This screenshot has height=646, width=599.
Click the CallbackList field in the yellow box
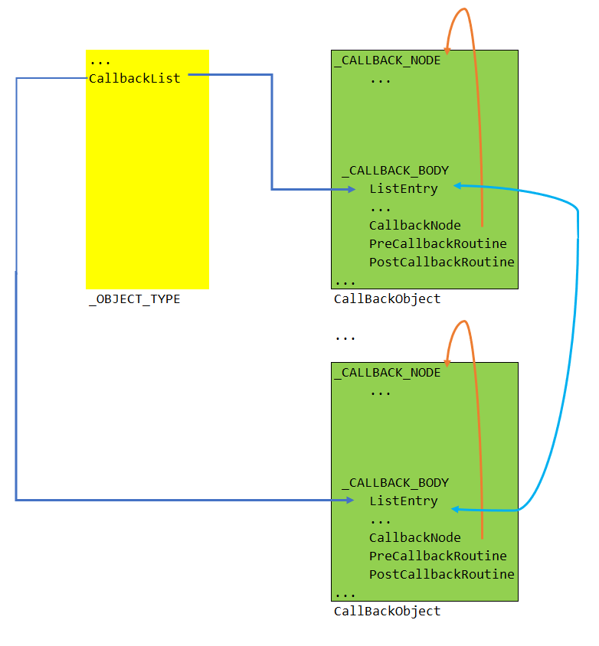tap(135, 79)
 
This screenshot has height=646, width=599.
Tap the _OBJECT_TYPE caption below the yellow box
tap(135, 299)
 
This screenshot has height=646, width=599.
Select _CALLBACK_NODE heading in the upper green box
tap(388, 60)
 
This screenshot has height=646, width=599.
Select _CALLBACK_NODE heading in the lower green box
tap(388, 373)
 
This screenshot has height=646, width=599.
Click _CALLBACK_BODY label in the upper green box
tap(395, 171)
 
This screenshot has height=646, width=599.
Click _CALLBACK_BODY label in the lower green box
tap(395, 483)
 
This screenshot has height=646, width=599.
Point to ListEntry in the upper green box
tap(404, 189)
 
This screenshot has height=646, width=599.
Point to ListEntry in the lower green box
tap(404, 501)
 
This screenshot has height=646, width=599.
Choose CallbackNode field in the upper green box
tap(415, 226)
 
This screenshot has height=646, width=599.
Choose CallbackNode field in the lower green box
tap(415, 538)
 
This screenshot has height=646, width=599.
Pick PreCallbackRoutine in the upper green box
tap(438, 244)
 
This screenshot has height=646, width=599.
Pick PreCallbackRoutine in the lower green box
tap(438, 556)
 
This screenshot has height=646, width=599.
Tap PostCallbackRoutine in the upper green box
tap(442, 263)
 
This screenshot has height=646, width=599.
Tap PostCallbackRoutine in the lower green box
tap(442, 575)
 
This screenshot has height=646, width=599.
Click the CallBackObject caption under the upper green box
tap(388, 299)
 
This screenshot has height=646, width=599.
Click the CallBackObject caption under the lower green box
tap(388, 612)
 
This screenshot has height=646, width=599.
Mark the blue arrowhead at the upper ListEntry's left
tap(351, 189)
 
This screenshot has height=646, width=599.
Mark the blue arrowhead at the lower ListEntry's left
tap(350, 501)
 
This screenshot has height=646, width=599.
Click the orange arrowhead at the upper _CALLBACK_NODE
tap(447, 49)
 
